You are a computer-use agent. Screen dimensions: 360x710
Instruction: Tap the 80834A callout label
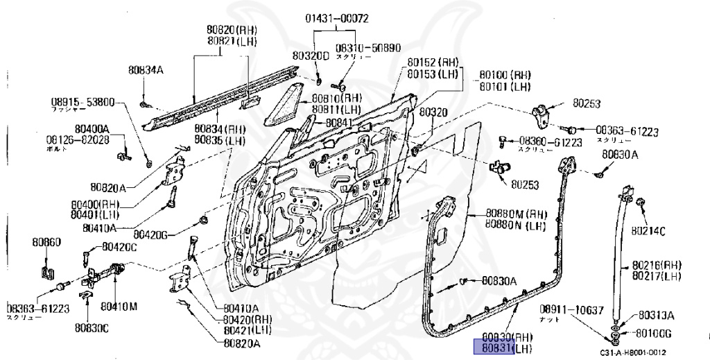tap(145, 69)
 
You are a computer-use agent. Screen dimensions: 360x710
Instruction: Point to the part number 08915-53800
tap(82, 101)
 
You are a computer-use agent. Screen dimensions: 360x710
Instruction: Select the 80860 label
tap(46, 242)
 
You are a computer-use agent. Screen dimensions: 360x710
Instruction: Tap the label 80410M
tap(118, 305)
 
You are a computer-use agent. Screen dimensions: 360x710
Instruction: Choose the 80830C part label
tap(92, 327)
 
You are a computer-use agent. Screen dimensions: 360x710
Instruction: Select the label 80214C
tap(648, 231)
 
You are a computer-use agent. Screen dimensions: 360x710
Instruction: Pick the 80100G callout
tap(656, 331)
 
